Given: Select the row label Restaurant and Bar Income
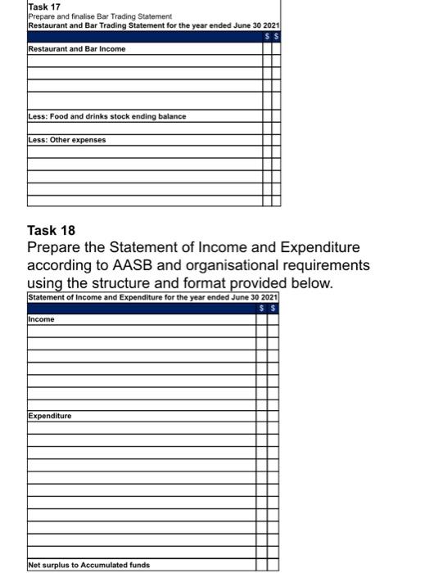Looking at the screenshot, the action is [x=77, y=49].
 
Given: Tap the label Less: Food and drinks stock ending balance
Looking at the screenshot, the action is [x=106, y=116].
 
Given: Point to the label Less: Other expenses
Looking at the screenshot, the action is [x=67, y=139].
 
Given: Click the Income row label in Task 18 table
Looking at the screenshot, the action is [x=41, y=319].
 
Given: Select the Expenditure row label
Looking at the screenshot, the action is [x=50, y=416].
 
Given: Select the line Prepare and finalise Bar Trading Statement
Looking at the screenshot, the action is [x=101, y=17].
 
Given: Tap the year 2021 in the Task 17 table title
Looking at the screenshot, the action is [x=272, y=26].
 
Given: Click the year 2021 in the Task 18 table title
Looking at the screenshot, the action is [x=269, y=296].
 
